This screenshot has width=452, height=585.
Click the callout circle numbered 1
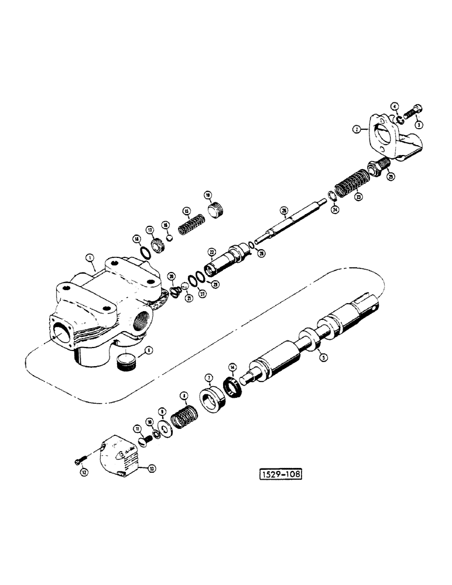pyautogui.click(x=89, y=257)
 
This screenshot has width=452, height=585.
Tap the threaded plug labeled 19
pyautogui.click(x=218, y=208)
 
